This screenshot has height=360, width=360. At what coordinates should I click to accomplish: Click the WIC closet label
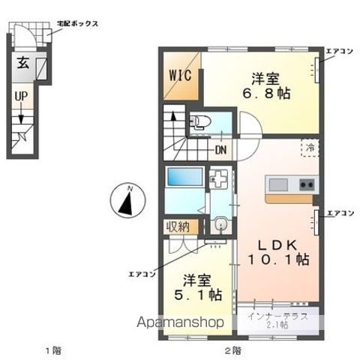pyautogui.click(x=180, y=75)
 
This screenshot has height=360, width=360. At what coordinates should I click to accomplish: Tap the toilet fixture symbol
pyautogui.click(x=200, y=122)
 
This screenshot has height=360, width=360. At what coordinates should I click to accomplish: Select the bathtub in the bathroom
pyautogui.click(x=184, y=177)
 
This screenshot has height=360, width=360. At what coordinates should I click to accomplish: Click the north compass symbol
pyautogui.click(x=127, y=200)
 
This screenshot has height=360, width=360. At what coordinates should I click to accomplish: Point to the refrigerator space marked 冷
pyautogui.click(x=310, y=148)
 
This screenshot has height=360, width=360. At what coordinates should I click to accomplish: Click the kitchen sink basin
pyautogui.click(x=277, y=185)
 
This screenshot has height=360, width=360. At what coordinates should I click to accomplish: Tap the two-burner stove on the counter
pyautogui.click(x=307, y=185)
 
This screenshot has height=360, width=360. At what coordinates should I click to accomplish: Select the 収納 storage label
pyautogui.click(x=178, y=227)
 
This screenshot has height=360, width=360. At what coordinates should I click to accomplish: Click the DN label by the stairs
pyautogui.click(x=220, y=150)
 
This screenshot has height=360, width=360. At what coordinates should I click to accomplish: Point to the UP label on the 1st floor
pyautogui.click(x=21, y=96)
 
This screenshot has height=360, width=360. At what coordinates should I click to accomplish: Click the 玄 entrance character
pyautogui.click(x=23, y=63)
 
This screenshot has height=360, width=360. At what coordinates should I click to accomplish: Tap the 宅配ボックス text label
pyautogui.click(x=77, y=24)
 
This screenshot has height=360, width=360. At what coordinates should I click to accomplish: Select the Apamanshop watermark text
pyautogui.click(x=181, y=322)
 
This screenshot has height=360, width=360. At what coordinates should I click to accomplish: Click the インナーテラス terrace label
pyautogui.click(x=277, y=316)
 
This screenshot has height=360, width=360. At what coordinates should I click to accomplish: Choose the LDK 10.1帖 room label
pyautogui.click(x=278, y=252)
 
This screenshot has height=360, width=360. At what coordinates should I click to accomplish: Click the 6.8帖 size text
pyautogui.click(x=266, y=94)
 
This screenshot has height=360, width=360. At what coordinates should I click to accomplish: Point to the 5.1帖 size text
pyautogui.click(x=198, y=295)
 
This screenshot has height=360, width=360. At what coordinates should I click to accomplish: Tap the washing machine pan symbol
pyautogui.click(x=219, y=178)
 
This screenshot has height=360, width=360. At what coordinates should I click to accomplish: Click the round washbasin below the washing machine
pyautogui.click(x=220, y=223)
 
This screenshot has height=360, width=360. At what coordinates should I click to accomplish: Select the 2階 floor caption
pyautogui.click(x=233, y=351)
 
